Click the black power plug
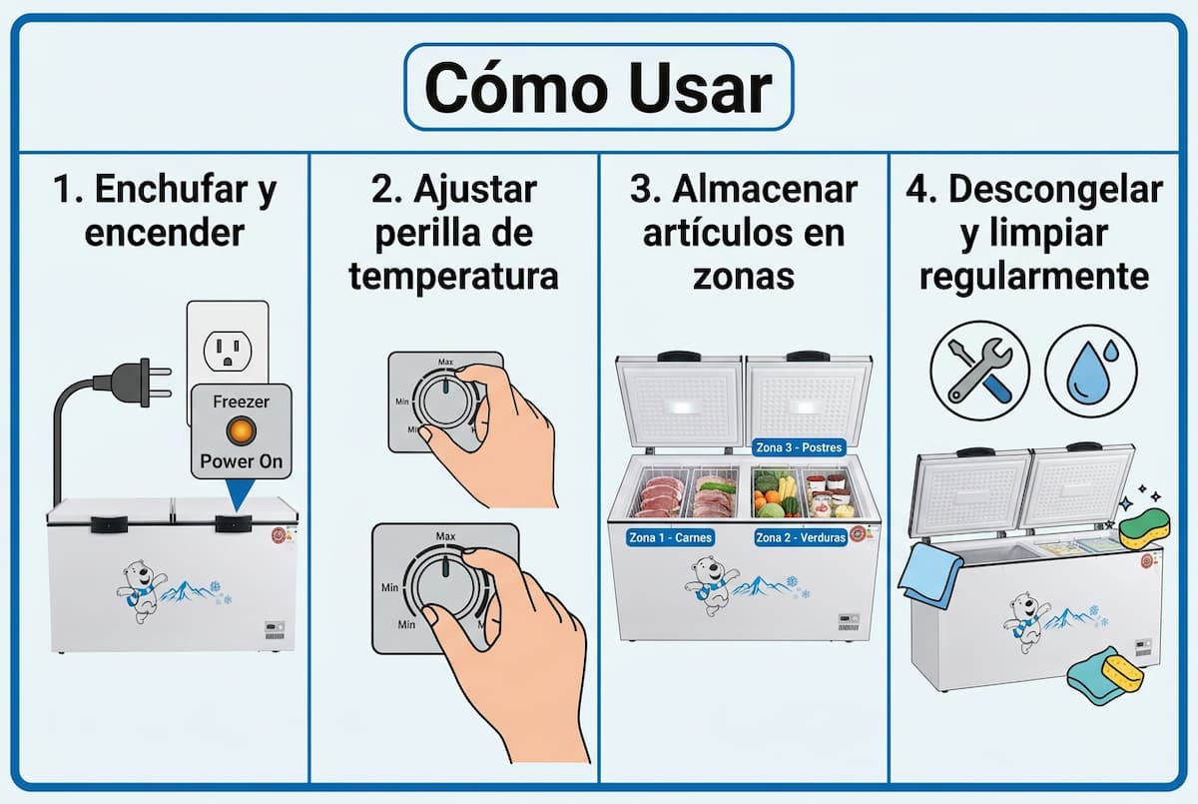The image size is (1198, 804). pos(125,382)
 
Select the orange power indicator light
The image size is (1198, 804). pos(241,430)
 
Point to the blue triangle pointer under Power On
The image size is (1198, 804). pos(240,496)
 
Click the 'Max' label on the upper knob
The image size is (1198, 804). pos(445,362)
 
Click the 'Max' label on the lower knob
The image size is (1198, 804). pos(445,536)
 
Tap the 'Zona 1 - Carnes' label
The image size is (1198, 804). pos(670,537)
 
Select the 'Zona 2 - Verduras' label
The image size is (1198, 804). pos(801,537)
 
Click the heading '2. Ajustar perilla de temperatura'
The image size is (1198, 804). pos(453,232)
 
